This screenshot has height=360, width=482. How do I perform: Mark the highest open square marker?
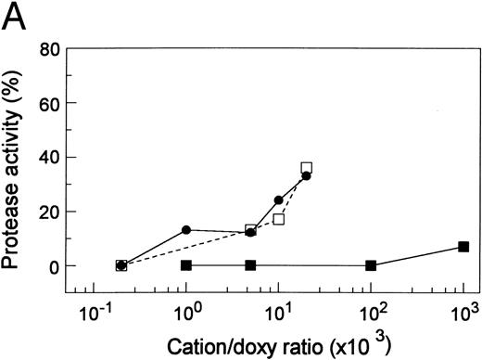coord(307,168)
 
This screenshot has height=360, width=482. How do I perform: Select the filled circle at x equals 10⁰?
coord(186,230)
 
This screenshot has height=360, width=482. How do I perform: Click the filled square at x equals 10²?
coord(371,265)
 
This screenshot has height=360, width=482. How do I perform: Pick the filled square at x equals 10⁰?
coord(186,265)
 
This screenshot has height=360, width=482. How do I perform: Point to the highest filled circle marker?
coord(306,175)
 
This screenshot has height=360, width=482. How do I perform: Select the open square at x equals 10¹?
coord(278,220)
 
